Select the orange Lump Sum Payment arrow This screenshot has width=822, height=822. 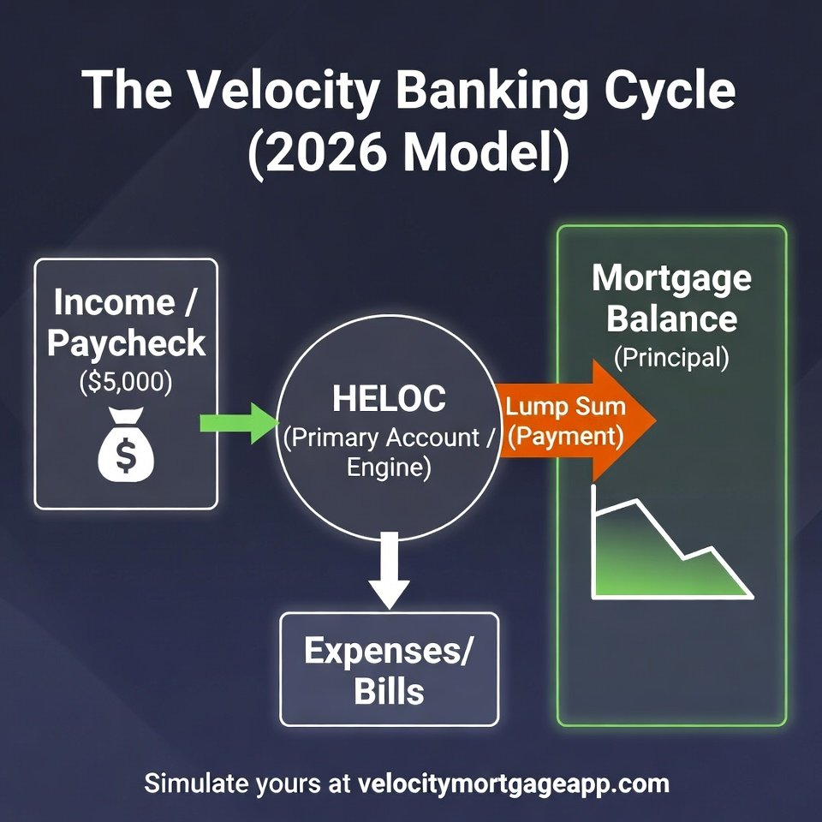coord(574,420)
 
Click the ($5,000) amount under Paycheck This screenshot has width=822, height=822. coord(126,382)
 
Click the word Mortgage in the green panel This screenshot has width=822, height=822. coord(671,278)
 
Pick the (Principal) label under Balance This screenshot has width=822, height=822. coord(671,357)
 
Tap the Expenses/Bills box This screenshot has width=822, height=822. coord(389,670)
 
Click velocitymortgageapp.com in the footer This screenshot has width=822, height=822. coord(514,783)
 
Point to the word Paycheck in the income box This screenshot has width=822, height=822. coord(126,343)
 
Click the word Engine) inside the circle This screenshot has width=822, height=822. coord(389,468)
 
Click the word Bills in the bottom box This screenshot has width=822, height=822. coord(389,690)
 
